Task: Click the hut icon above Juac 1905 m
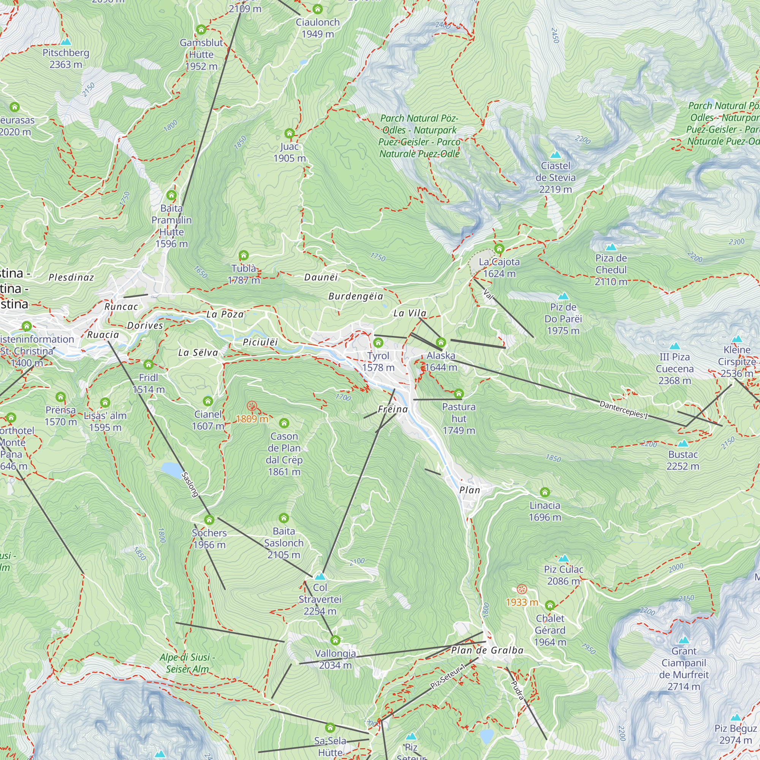pyautogui.click(x=290, y=133)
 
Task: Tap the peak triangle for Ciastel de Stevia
pyautogui.click(x=555, y=155)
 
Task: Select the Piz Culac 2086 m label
pyautogui.click(x=563, y=575)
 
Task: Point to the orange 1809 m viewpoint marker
pyautogui.click(x=252, y=406)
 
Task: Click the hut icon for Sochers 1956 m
pyautogui.click(x=209, y=520)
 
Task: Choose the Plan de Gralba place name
pyautogui.click(x=487, y=650)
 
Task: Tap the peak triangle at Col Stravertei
pyautogui.click(x=320, y=576)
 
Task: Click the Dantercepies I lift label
pyautogui.click(x=624, y=410)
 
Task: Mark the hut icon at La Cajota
pyautogui.click(x=499, y=249)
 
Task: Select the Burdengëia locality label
pyautogui.click(x=356, y=296)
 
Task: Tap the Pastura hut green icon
pyautogui.click(x=459, y=394)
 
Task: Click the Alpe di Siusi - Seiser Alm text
pyautogui.click(x=187, y=663)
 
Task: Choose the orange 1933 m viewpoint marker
pyautogui.click(x=522, y=589)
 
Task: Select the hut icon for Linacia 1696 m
pyautogui.click(x=545, y=492)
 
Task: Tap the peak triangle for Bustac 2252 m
pyautogui.click(x=683, y=443)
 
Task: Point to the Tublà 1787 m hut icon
pyautogui.click(x=244, y=255)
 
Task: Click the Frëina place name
pyautogui.click(x=393, y=410)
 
